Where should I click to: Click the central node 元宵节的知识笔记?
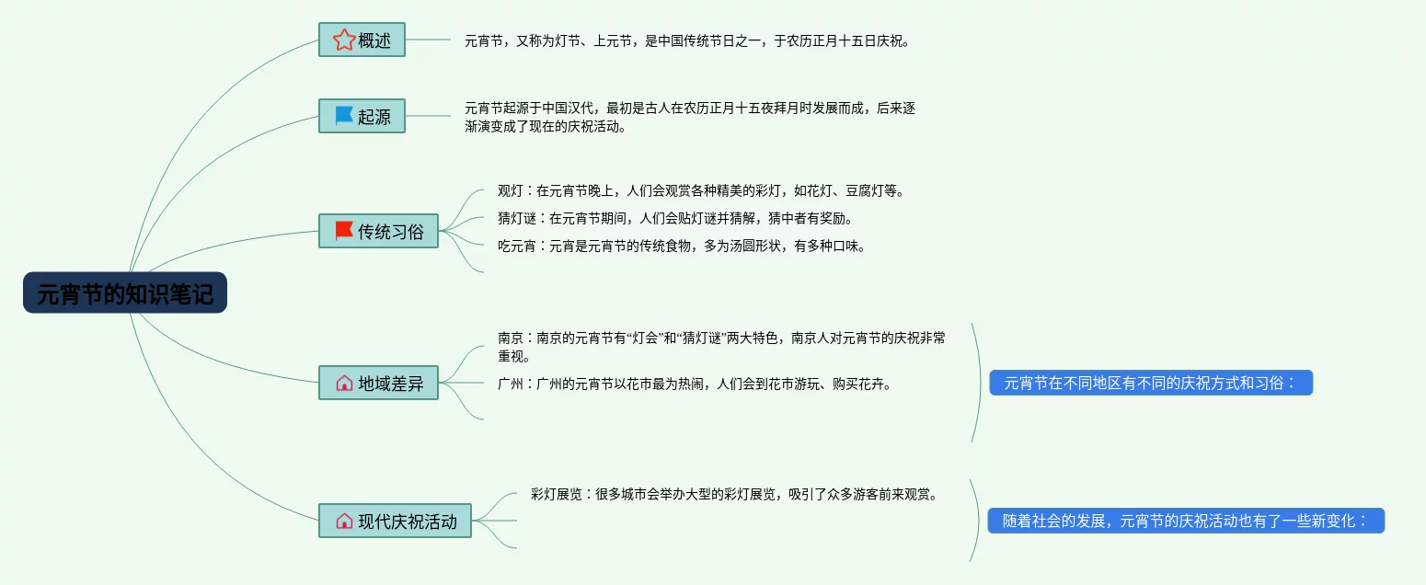click(125, 293)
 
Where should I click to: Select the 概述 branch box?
click(362, 40)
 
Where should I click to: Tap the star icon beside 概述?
click(344, 40)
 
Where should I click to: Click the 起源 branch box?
click(362, 116)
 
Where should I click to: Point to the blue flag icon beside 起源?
click(344, 116)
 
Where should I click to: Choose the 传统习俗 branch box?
click(378, 231)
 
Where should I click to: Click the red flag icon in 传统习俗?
click(344, 230)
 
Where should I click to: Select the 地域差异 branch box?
click(378, 383)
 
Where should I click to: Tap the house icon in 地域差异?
click(344, 383)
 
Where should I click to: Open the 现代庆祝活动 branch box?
click(395, 521)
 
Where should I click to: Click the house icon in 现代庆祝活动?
click(344, 521)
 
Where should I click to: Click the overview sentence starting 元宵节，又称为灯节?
click(686, 40)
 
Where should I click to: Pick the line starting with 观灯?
click(702, 190)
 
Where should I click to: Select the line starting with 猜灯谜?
click(676, 218)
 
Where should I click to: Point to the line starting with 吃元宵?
click(682, 246)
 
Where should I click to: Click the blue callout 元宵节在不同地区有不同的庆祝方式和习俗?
click(1150, 383)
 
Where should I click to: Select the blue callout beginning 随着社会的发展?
click(1186, 521)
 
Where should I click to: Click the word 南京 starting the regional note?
click(511, 338)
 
